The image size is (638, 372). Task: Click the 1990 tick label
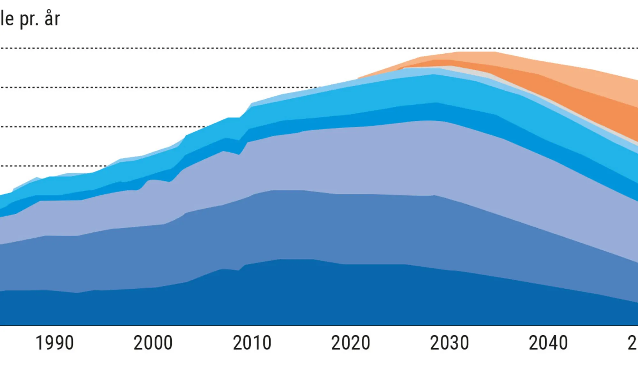(55, 343)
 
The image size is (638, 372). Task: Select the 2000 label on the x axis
(153, 343)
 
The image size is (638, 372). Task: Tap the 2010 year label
(252, 343)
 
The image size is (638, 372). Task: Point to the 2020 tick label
(351, 343)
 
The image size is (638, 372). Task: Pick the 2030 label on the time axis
(449, 343)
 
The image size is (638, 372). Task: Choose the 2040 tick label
(548, 343)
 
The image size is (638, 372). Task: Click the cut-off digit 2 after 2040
(633, 343)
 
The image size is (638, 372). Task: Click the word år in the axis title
(52, 19)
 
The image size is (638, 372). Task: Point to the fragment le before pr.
(7, 19)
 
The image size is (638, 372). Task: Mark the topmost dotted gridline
(191, 48)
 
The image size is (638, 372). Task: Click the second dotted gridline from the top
(159, 87)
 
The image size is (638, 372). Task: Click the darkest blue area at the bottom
(319, 294)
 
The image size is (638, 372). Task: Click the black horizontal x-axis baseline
(319, 326)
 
